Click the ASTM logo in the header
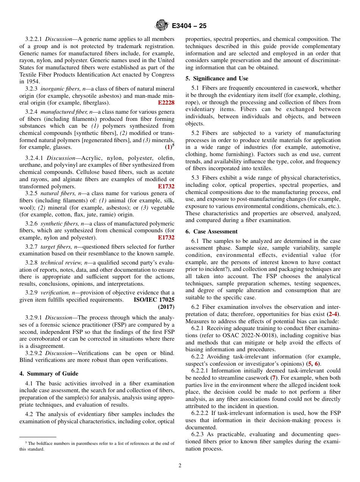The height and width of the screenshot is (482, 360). point(162,25)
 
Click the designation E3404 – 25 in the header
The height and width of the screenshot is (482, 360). point(189,26)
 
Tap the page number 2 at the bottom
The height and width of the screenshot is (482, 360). point(180,466)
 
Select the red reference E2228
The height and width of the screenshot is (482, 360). point(166,103)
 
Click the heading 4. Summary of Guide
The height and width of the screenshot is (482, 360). point(49,373)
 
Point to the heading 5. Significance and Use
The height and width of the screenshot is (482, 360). point(217,78)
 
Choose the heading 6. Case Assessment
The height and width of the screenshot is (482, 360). point(211,232)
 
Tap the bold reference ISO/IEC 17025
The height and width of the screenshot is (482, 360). point(154,299)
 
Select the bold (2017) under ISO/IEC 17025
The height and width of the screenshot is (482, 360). point(166,307)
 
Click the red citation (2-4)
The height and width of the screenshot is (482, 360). point(333,314)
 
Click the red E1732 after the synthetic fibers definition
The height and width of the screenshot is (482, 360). point(166,238)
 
